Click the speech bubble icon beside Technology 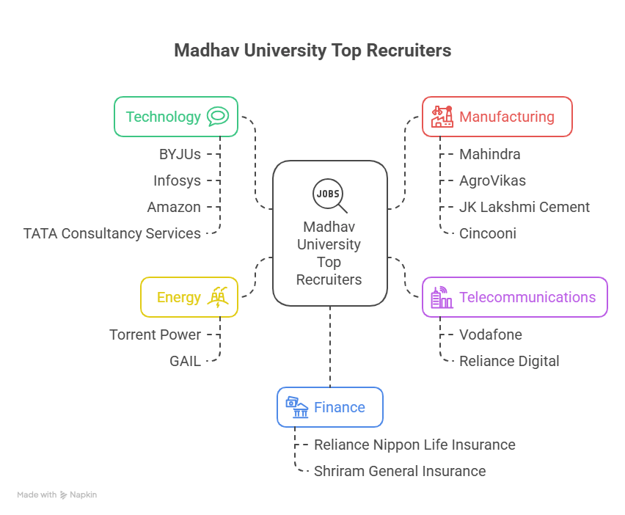[218, 117]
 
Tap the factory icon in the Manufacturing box [442, 117]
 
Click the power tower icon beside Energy [218, 296]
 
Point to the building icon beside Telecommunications [441, 297]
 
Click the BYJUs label [180, 154]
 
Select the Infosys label [177, 180]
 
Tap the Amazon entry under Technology [174, 207]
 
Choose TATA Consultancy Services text [112, 233]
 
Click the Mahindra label [489, 154]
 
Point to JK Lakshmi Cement [525, 207]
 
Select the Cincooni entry [488, 233]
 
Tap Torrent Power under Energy [155, 335]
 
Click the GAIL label [185, 361]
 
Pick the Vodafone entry [491, 335]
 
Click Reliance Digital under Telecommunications [509, 361]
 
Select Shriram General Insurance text [400, 471]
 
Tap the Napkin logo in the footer [78, 495]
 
